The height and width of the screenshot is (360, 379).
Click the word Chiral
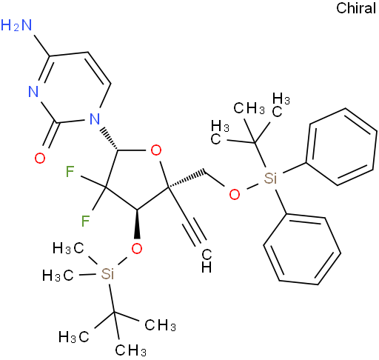(x=356, y=8)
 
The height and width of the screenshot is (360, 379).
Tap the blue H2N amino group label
(x=16, y=25)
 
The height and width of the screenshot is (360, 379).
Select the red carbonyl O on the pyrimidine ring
(x=40, y=158)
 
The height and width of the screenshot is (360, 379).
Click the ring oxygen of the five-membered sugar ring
(x=156, y=150)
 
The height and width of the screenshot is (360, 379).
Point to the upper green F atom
(x=70, y=172)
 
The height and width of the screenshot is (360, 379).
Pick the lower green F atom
(x=85, y=221)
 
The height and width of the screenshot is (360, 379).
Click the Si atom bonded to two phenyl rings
(x=270, y=178)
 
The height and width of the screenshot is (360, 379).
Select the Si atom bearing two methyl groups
(x=107, y=273)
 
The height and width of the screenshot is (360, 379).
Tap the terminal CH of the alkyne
(x=207, y=261)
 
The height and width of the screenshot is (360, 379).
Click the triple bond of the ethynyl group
(x=194, y=232)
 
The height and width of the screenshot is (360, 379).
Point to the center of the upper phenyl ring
(x=342, y=147)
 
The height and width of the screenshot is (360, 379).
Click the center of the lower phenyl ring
(x=302, y=250)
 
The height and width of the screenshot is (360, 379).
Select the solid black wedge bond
(x=137, y=224)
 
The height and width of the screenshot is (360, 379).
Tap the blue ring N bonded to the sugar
(x=95, y=119)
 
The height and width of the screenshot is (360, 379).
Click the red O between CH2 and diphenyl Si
(x=234, y=194)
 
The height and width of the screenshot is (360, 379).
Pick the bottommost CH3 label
(x=131, y=350)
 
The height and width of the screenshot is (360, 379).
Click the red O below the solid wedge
(x=137, y=248)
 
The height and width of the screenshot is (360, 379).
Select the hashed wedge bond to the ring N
(x=110, y=139)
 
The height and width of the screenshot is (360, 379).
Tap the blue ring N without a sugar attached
(x=33, y=91)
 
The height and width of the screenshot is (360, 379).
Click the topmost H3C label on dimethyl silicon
(x=68, y=248)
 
